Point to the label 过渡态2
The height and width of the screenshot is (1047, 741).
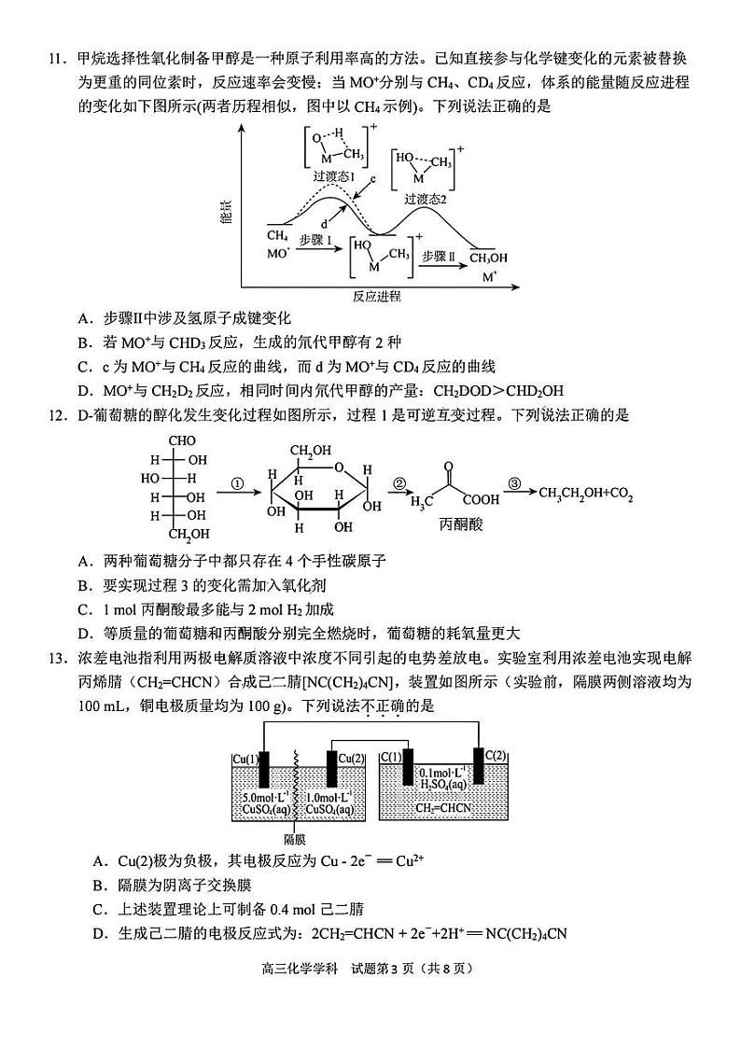(426, 199)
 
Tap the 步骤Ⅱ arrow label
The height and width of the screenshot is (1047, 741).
(438, 256)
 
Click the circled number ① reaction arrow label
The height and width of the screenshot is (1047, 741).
(236, 484)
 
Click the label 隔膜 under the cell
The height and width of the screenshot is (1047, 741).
(296, 838)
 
